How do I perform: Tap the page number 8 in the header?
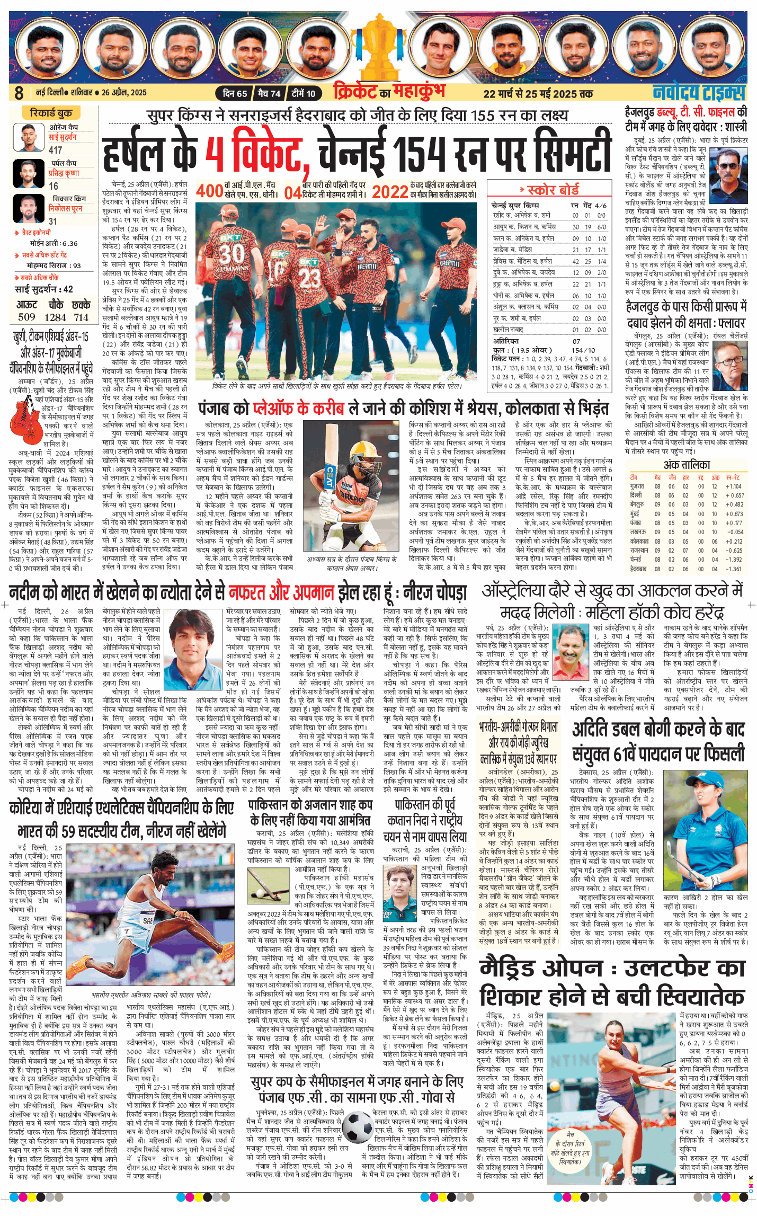[19, 93]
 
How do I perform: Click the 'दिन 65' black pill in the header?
[235, 94]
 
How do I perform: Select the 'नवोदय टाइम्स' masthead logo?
[699, 92]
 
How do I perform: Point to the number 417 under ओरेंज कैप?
[56, 150]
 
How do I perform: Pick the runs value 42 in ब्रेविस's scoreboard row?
[575, 261]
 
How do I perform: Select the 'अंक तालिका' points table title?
[687, 465]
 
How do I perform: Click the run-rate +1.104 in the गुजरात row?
[734, 486]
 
